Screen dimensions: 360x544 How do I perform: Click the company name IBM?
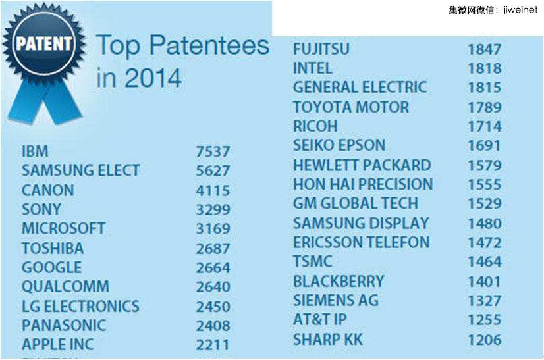pos(35,151)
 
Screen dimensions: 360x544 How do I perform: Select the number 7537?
pos(213,152)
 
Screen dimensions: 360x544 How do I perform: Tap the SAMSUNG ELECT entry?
pos(80,170)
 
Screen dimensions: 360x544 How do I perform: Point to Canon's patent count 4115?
pos(213,191)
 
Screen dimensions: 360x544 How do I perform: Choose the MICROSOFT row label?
pos(63,228)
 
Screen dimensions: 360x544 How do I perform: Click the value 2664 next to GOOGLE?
pos(213,268)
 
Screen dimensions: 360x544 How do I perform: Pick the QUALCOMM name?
pos(65,287)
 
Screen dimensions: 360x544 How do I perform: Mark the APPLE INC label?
pos(58,344)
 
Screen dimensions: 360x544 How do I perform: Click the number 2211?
pos(213,344)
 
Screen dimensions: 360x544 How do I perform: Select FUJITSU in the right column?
pos(321,49)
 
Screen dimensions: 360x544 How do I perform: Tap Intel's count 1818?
pos(484,68)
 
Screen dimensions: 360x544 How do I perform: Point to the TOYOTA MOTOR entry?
pos(351,107)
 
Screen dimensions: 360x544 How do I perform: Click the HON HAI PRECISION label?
pos(363,184)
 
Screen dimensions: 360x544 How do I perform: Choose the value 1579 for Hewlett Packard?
pos(484,165)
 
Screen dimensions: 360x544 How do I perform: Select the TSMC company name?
pos(313,261)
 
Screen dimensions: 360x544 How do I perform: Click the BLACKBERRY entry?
pos(339,281)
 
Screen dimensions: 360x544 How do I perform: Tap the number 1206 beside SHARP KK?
pos(484,340)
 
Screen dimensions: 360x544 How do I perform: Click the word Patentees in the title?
pos(209,46)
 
